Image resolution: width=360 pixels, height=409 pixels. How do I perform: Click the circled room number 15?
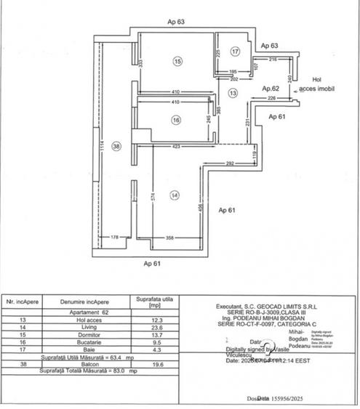point(177,62)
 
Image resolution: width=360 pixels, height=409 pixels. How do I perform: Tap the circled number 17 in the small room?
point(235,52)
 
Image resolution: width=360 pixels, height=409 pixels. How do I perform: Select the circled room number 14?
point(175,194)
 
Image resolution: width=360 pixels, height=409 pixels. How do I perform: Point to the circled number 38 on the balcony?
point(116,145)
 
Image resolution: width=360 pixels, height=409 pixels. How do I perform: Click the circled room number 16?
point(176,120)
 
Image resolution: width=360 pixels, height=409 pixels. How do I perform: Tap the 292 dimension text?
point(229,164)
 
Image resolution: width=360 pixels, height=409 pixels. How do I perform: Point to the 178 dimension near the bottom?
point(115,238)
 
